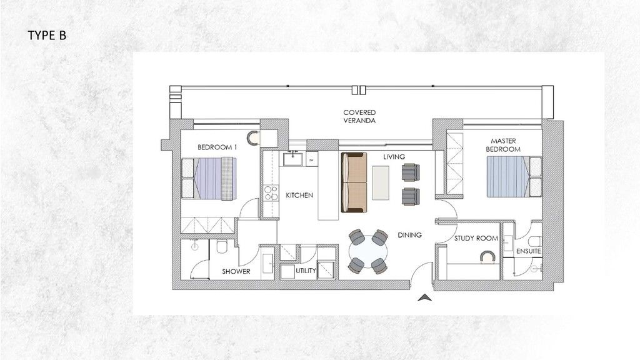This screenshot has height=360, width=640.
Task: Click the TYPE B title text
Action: [47, 36]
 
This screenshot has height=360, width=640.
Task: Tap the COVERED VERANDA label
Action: [359, 117]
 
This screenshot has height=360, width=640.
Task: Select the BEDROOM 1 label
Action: [217, 147]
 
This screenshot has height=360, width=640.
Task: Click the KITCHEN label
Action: [299, 196]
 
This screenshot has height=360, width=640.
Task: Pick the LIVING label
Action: [394, 156]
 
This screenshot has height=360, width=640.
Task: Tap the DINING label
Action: [409, 235]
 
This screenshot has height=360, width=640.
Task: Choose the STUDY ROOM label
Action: [476, 238]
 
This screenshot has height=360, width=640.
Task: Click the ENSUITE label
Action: [529, 251]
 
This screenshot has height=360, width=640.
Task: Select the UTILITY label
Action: [306, 271]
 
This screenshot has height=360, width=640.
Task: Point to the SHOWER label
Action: [236, 271]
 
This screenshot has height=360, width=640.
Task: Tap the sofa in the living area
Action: [354, 182]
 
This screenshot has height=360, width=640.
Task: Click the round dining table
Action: [367, 252]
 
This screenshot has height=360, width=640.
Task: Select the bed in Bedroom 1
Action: [209, 179]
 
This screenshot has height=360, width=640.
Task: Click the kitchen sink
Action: [292, 159]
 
